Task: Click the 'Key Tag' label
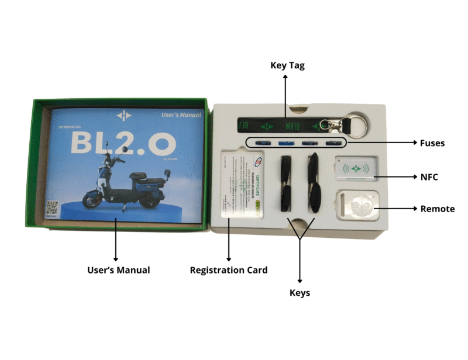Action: pos(287,65)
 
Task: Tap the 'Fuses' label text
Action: pos(432,143)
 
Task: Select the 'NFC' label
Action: pos(429,176)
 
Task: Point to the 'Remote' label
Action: pos(437,209)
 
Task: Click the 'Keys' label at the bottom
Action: pos(300,292)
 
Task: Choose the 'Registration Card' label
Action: pos(229,270)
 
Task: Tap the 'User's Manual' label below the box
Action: pos(118,270)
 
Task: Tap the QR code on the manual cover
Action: pos(52,206)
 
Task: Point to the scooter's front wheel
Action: pos(92,200)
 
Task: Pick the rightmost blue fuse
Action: pos(332,143)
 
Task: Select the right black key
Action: pos(314,182)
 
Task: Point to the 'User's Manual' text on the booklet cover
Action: pos(181,116)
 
